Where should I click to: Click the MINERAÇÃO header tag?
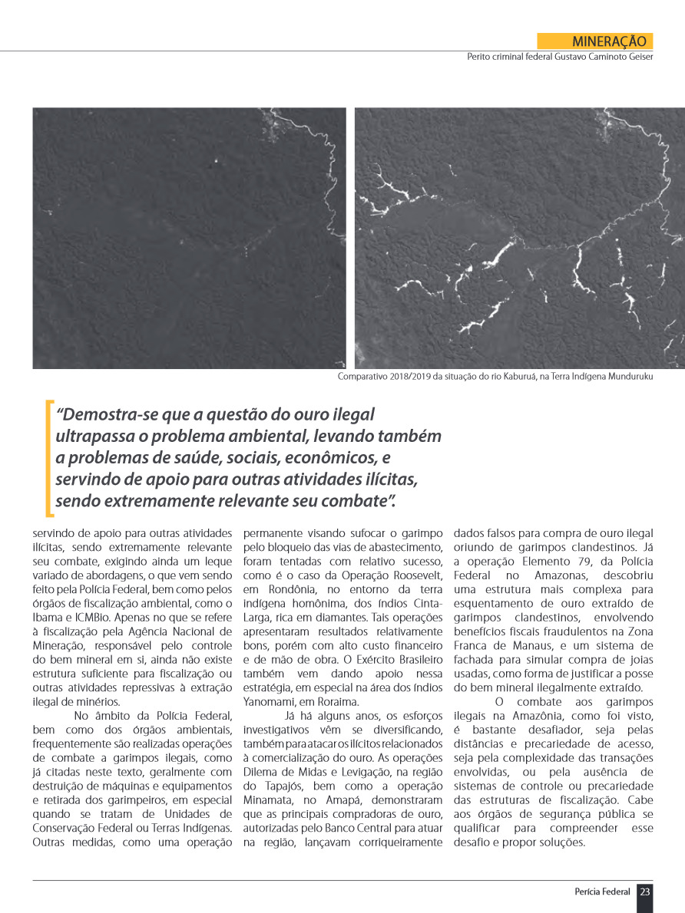595,41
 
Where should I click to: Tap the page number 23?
645,892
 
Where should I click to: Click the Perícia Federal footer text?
602,892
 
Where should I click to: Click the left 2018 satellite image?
189,238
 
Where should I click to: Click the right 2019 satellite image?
519,238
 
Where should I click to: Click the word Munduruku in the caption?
628,377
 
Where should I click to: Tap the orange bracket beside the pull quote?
49,458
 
